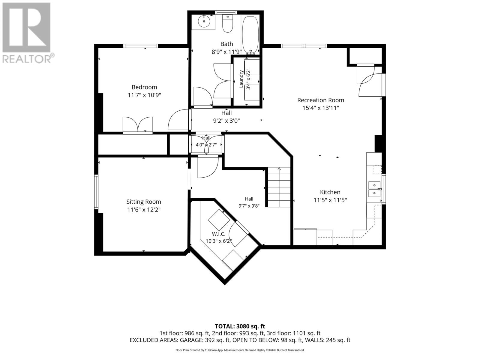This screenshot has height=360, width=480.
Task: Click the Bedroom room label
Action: (x=144, y=87)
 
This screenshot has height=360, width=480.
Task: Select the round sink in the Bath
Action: (x=204, y=21)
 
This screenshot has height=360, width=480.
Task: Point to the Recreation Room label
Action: (x=321, y=100)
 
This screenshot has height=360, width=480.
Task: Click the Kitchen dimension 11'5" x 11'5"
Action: (x=330, y=200)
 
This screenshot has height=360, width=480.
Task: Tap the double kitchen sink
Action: (x=375, y=189)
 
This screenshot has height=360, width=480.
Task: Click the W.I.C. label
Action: (x=218, y=234)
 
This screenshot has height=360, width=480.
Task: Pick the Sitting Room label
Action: (x=144, y=202)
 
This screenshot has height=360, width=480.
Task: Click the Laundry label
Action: (x=241, y=79)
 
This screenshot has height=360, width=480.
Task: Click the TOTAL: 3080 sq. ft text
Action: (x=240, y=326)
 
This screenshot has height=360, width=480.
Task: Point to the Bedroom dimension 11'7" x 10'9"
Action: (x=144, y=95)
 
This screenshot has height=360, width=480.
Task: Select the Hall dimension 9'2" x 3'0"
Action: (x=226, y=121)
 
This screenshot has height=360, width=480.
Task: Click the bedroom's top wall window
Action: (x=140, y=46)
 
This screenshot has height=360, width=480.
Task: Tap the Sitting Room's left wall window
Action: (x=96, y=192)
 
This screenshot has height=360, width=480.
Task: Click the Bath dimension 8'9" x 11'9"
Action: (x=226, y=52)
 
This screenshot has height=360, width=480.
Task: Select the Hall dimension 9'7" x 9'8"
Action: (x=249, y=206)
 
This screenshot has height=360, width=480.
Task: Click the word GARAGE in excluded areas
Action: (x=191, y=340)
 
